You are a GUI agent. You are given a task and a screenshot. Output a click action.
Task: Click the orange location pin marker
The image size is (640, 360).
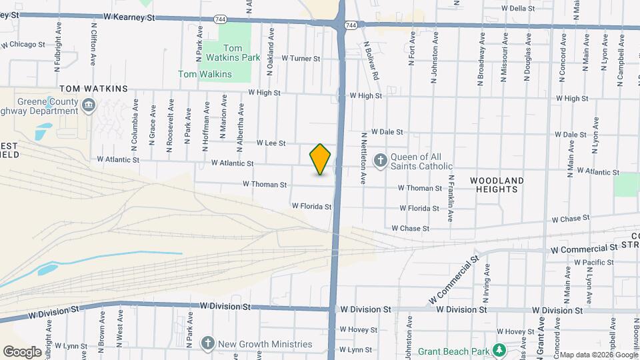320,160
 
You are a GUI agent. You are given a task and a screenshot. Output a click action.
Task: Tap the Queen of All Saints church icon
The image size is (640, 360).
380,160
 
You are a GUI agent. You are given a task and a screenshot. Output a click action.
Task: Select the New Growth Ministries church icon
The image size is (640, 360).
207,343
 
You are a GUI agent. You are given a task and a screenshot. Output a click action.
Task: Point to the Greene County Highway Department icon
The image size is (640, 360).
88,105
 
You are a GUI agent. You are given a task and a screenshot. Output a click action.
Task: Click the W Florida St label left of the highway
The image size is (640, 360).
311,207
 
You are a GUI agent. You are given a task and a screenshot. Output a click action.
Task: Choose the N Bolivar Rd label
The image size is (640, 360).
371,61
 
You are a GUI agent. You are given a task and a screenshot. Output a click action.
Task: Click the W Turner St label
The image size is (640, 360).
301,59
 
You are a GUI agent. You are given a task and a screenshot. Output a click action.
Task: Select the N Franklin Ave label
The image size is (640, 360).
451,198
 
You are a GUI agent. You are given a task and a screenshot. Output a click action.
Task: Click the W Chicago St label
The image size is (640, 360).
23,45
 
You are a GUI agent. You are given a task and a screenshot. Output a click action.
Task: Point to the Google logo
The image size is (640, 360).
22,351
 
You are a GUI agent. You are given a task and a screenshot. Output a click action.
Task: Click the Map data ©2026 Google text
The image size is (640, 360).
599,355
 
